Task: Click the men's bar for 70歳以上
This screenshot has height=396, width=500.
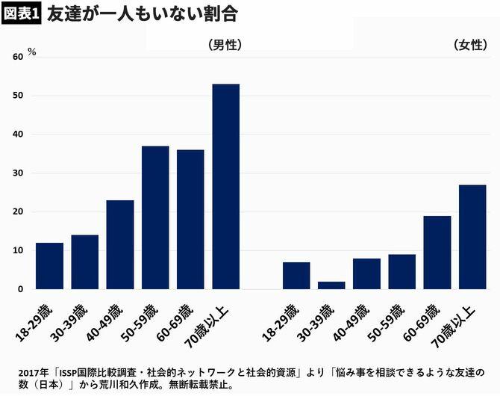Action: coord(226,187)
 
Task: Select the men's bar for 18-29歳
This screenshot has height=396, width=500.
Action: coord(49,266)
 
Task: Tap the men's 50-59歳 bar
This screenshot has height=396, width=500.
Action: coord(155,217)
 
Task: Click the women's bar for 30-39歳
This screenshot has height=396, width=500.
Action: coord(331,285)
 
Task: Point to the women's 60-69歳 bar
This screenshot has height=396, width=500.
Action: coord(437,253)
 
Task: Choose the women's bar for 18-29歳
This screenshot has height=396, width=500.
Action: coord(296,276)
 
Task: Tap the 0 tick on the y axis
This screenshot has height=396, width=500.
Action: coord(20,289)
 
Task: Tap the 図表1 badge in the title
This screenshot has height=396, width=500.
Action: coord(21,15)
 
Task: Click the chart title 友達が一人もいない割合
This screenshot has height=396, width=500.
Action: coord(142,14)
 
